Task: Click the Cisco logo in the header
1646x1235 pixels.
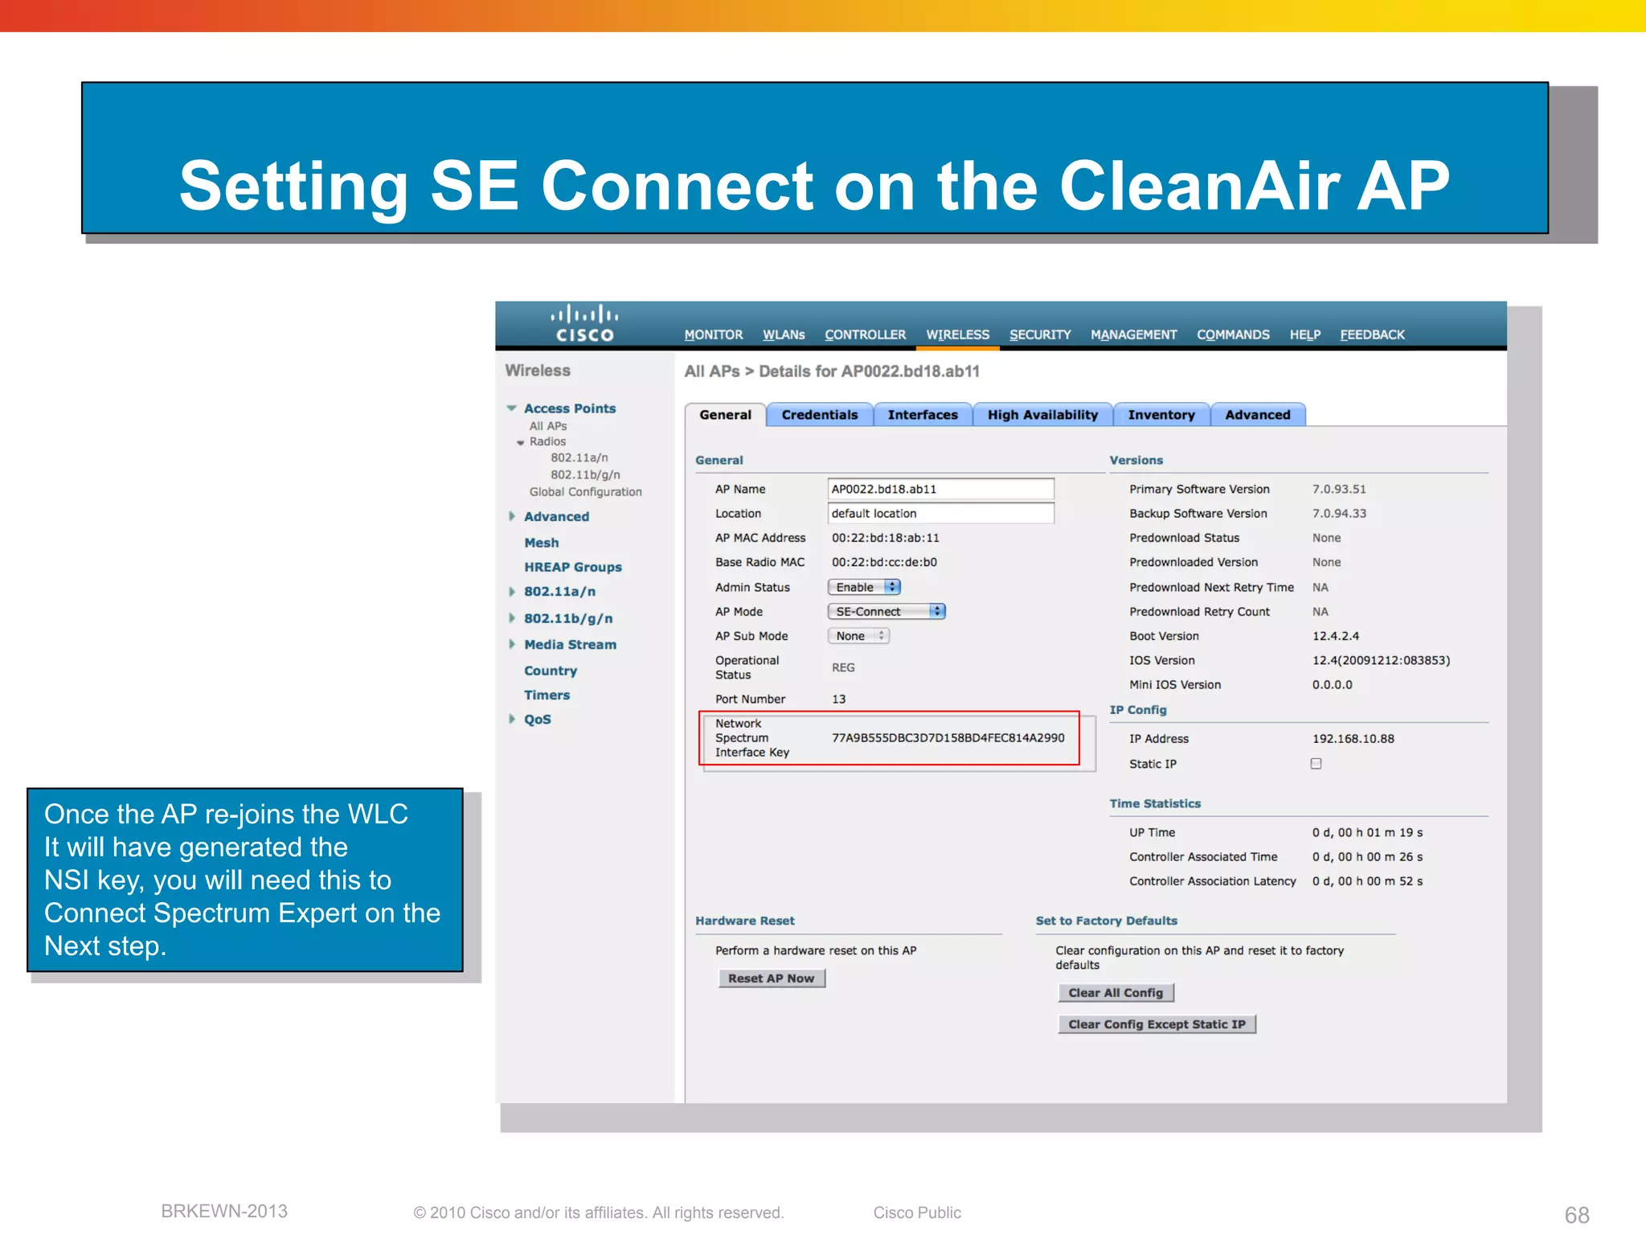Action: pyautogui.click(x=584, y=323)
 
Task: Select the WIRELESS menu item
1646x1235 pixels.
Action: pyautogui.click(x=957, y=334)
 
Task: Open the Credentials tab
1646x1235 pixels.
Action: pyautogui.click(x=819, y=415)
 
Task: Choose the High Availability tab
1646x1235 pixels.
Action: pyautogui.click(x=1042, y=415)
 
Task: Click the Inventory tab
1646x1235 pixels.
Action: pyautogui.click(x=1161, y=415)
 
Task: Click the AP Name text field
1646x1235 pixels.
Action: pyautogui.click(x=940, y=489)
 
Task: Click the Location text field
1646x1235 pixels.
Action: pyautogui.click(x=940, y=513)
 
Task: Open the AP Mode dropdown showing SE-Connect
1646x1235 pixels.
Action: pyautogui.click(x=886, y=612)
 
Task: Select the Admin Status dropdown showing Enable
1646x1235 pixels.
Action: pyautogui.click(x=864, y=588)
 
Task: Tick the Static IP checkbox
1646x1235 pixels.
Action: pyautogui.click(x=1316, y=764)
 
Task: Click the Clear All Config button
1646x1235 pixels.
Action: pyautogui.click(x=1116, y=993)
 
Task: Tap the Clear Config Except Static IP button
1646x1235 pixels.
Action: pyautogui.click(x=1157, y=1024)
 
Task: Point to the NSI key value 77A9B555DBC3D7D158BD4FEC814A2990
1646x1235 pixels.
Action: pyautogui.click(x=948, y=738)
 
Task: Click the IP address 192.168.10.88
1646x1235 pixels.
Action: pyautogui.click(x=1353, y=739)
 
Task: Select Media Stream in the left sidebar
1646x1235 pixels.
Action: pyautogui.click(x=570, y=645)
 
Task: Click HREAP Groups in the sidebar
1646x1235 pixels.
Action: pyautogui.click(x=572, y=567)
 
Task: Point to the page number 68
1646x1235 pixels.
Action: pyautogui.click(x=1577, y=1214)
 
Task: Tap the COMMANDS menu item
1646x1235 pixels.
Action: pyautogui.click(x=1233, y=334)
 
